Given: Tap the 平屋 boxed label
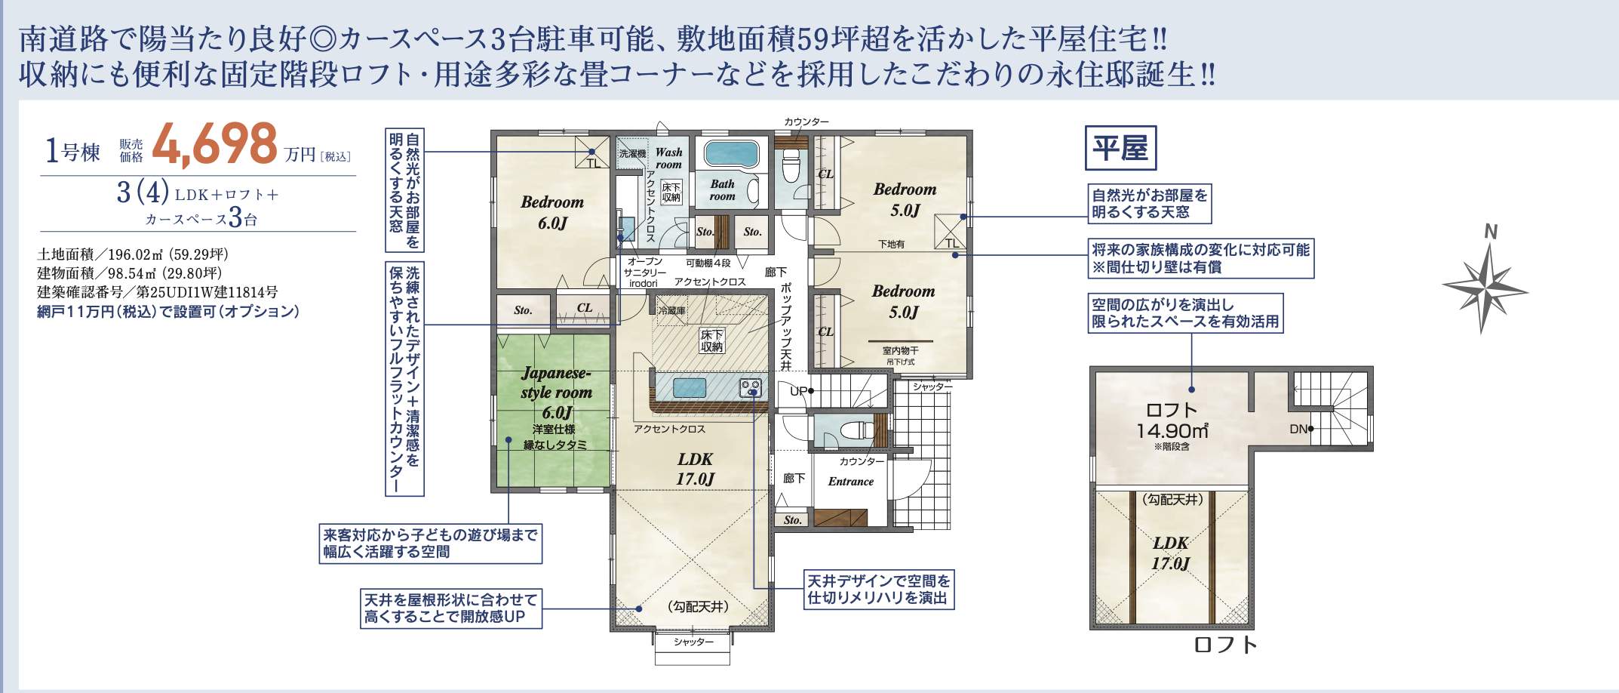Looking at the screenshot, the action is [x=1120, y=148].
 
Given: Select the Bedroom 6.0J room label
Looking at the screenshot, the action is [x=552, y=212].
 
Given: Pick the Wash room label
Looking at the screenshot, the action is [x=668, y=158].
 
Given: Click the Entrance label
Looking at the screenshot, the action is [x=851, y=482].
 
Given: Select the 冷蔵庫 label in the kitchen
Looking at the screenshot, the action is [x=671, y=310].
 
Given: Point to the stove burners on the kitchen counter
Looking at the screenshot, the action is [x=751, y=388].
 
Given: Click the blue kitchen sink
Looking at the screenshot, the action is [x=690, y=388].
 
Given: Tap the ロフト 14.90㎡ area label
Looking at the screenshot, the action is [x=1172, y=420].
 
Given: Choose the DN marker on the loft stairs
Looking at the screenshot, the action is [x=1300, y=429].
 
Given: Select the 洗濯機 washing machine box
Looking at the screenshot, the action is [x=632, y=153].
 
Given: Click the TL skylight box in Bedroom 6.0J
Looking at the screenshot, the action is [x=592, y=152].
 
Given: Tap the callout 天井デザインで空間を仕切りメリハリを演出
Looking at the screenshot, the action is [x=879, y=589].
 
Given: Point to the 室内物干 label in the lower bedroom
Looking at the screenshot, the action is [x=901, y=350].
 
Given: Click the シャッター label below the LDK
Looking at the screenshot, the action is [x=693, y=642].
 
